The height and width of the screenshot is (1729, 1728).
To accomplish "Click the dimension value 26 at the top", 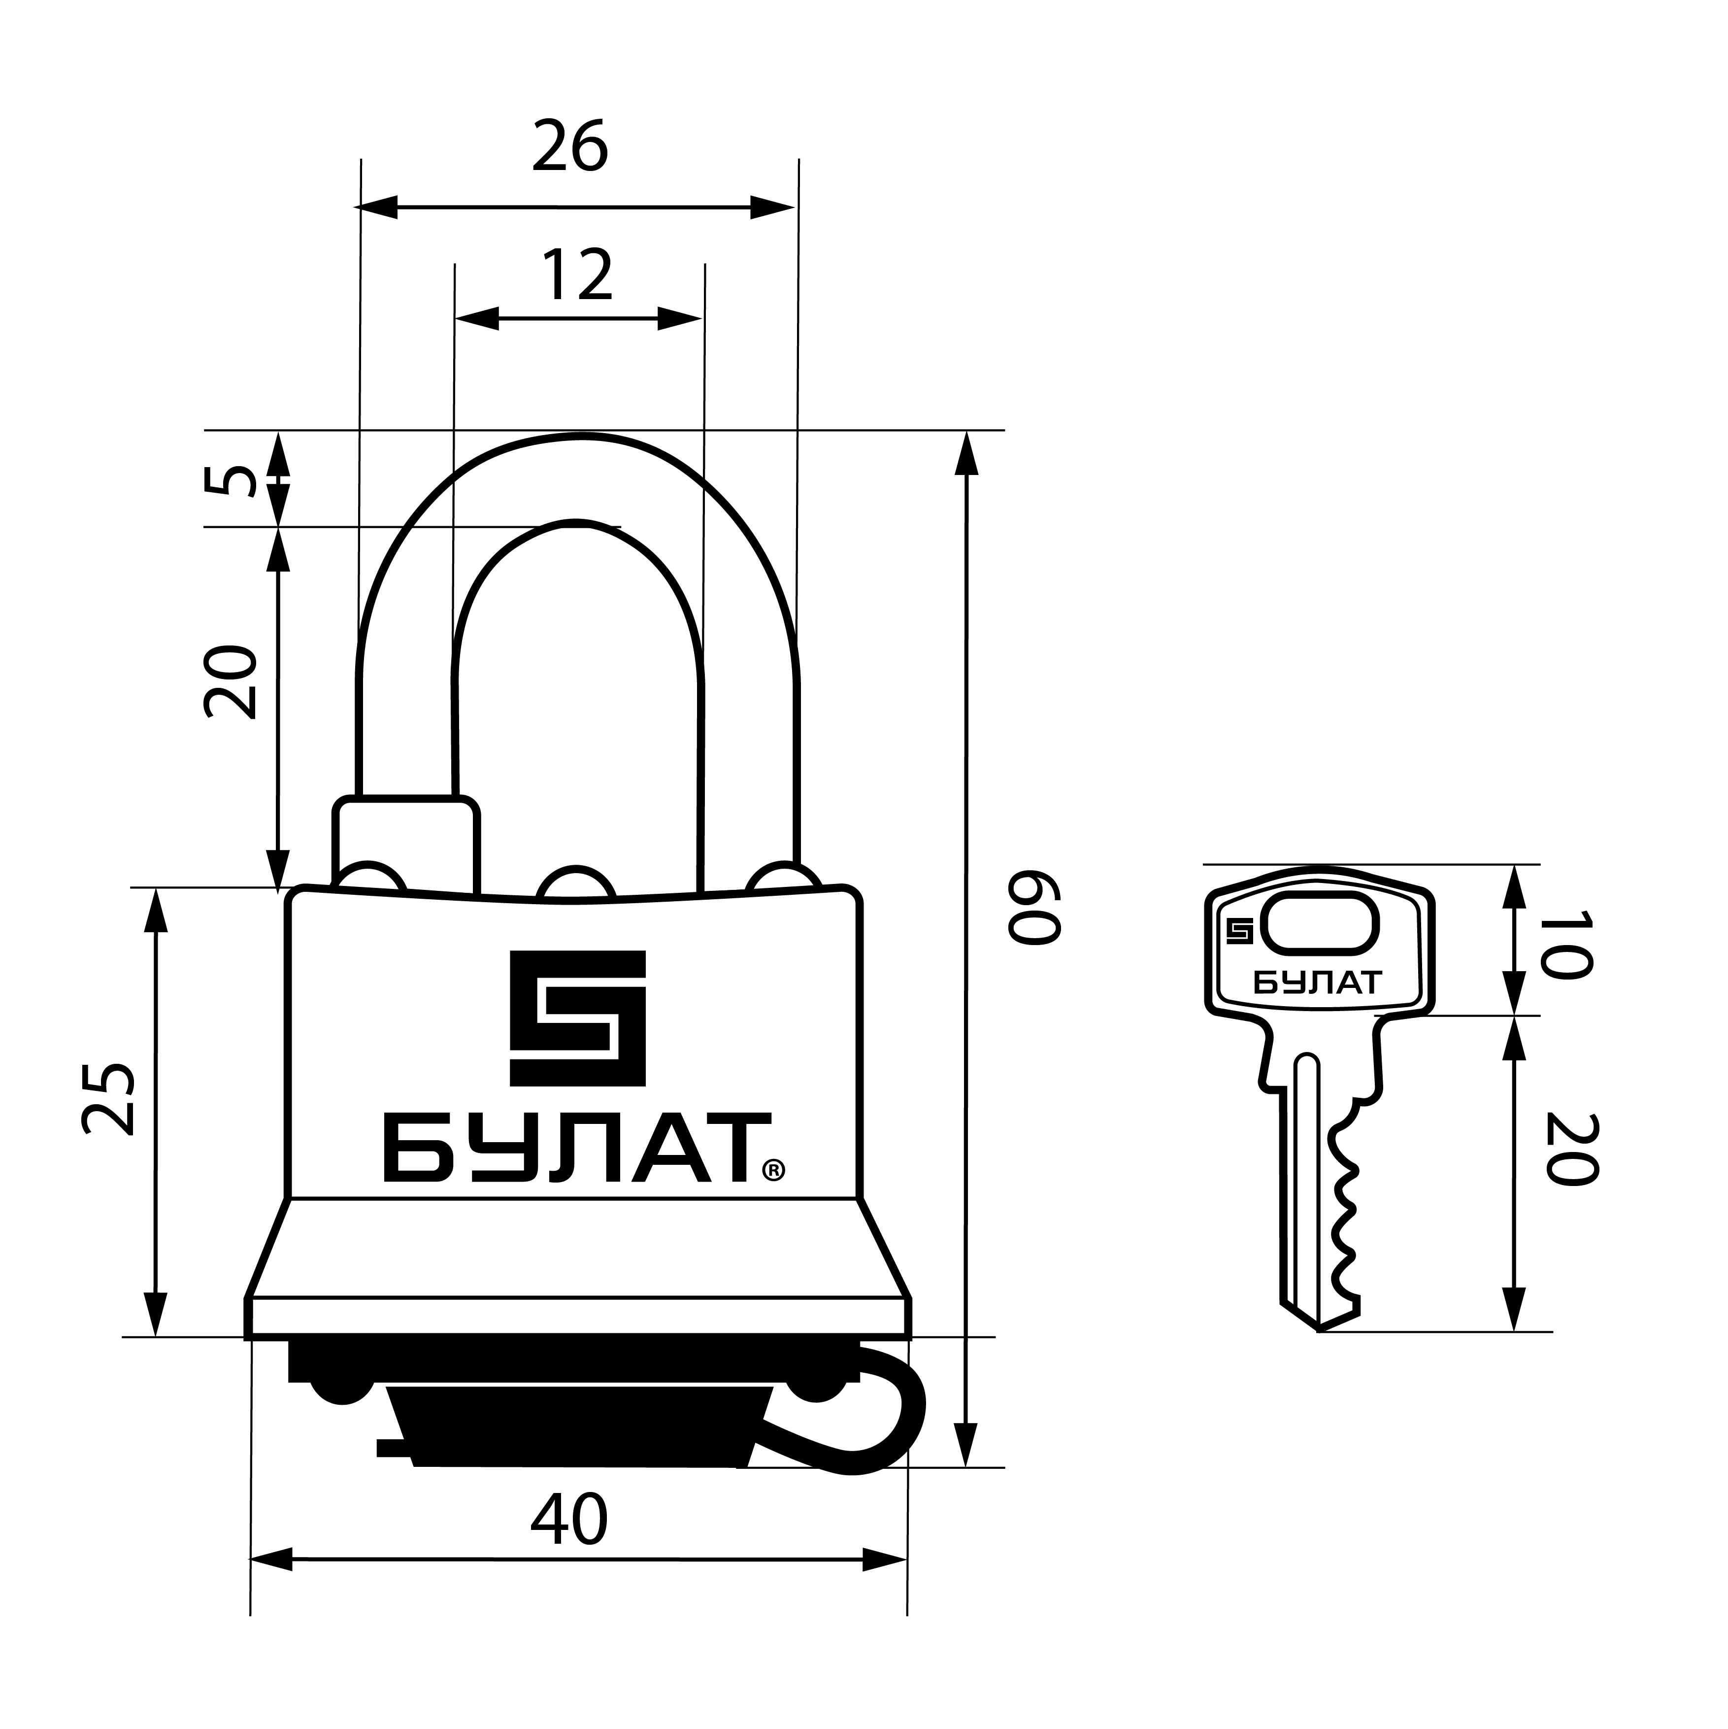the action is pos(570,146).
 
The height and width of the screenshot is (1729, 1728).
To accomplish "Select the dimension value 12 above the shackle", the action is pos(577,275).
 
